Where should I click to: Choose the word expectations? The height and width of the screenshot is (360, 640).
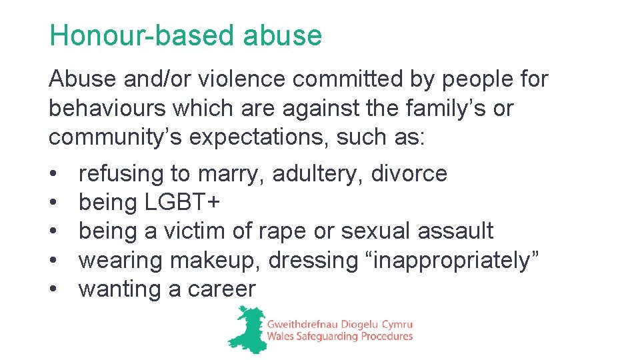point(259,137)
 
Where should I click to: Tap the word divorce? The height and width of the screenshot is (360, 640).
point(409,174)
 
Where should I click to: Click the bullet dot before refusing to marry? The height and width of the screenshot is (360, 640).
point(53,175)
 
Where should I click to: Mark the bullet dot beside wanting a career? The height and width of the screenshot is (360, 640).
point(53,290)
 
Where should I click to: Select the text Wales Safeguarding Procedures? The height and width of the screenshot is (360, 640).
point(339,337)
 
